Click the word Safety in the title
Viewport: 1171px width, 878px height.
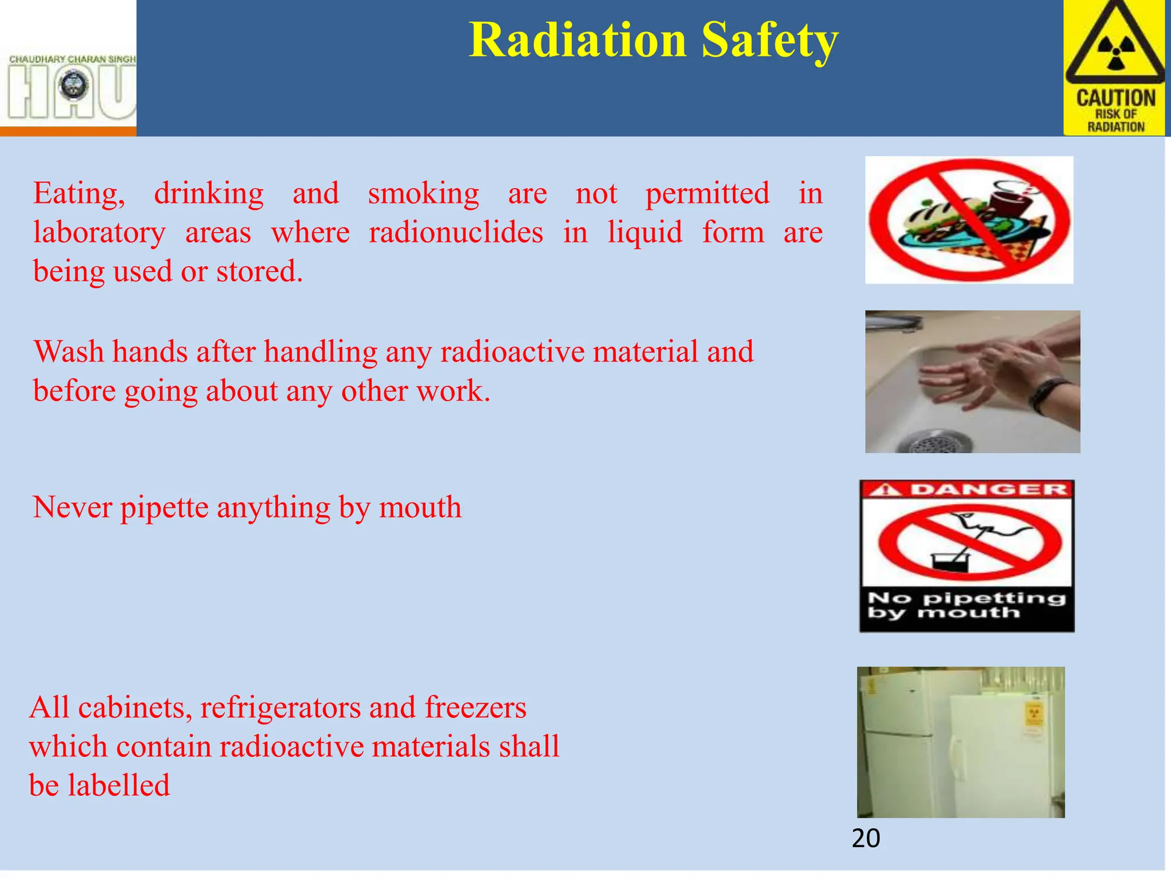click(770, 41)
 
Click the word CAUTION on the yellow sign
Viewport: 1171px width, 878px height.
click(1116, 98)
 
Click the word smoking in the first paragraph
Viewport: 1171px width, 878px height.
click(423, 193)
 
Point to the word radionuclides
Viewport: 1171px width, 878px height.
click(456, 232)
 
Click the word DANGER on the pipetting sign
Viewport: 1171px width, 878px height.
click(988, 490)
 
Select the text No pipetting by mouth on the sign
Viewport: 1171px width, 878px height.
click(966, 605)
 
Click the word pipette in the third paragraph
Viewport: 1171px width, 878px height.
click(164, 508)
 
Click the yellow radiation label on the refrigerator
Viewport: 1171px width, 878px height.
click(1034, 715)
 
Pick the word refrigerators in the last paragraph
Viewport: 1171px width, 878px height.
click(280, 708)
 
